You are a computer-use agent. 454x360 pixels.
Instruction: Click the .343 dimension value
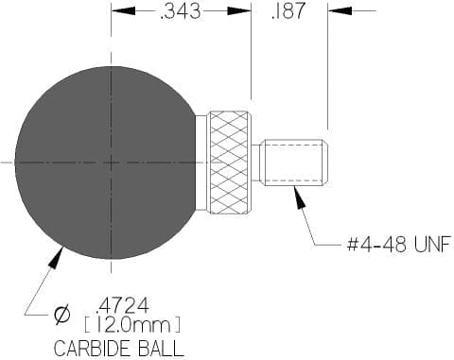coord(181,11)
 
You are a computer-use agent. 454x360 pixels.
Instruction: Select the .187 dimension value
coord(288,10)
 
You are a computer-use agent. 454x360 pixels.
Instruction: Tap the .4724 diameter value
coord(123,305)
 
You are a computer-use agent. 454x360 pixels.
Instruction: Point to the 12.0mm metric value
coord(133,325)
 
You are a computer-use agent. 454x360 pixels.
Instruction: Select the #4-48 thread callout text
coord(376,245)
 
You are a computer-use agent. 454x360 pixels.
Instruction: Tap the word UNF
coord(432,245)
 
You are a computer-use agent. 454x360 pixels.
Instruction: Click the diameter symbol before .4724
coord(61,314)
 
